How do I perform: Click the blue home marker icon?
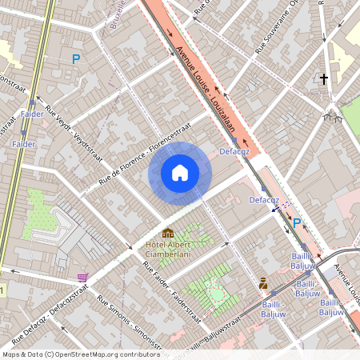(180, 172)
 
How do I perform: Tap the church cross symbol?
(324, 79)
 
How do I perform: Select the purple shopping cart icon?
(82, 277)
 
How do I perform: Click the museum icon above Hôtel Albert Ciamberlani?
(168, 233)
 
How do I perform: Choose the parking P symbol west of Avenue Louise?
(76, 58)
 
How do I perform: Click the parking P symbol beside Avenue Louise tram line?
(298, 223)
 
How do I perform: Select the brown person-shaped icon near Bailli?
(262, 282)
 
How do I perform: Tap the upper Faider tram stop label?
(33, 114)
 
